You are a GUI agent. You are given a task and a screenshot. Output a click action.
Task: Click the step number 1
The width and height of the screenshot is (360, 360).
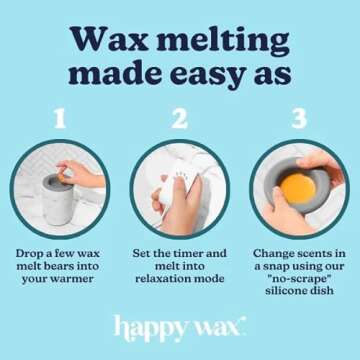click(x=59, y=119)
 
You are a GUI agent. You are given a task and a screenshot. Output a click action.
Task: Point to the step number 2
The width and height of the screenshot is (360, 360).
click(x=179, y=119)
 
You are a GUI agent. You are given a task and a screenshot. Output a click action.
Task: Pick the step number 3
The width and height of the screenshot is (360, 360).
click(x=299, y=119)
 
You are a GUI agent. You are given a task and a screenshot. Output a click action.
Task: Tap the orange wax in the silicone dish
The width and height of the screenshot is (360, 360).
click(x=295, y=187)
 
